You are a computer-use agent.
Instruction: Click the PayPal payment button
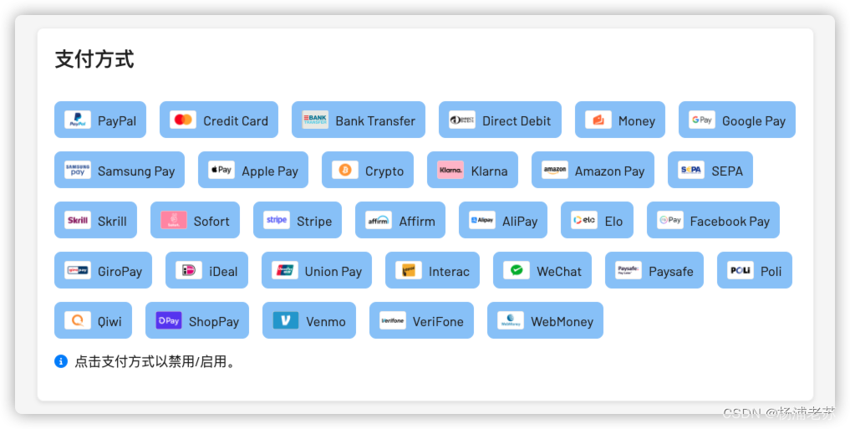[x=100, y=120]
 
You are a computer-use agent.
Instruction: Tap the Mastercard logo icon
[x=183, y=120]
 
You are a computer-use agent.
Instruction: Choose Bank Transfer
[x=358, y=120]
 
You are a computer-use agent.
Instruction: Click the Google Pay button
[x=736, y=120]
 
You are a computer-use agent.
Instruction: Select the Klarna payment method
[x=472, y=170]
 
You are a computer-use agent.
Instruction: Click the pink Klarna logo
[x=450, y=170]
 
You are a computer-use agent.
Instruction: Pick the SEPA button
[x=710, y=170]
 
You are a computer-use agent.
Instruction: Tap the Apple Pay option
[x=252, y=170]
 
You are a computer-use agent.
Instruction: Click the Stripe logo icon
[x=277, y=220]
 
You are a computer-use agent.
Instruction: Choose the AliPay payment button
[x=502, y=220]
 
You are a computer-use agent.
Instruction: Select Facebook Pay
[x=712, y=220]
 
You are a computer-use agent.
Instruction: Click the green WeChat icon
[x=517, y=270]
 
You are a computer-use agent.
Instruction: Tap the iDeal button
[x=206, y=270]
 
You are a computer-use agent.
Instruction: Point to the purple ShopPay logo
[x=169, y=320]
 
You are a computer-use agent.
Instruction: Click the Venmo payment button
[x=308, y=320]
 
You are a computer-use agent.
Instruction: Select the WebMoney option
[x=544, y=320]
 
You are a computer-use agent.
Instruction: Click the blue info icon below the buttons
[x=61, y=361]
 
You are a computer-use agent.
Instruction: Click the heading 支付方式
[x=94, y=59]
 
